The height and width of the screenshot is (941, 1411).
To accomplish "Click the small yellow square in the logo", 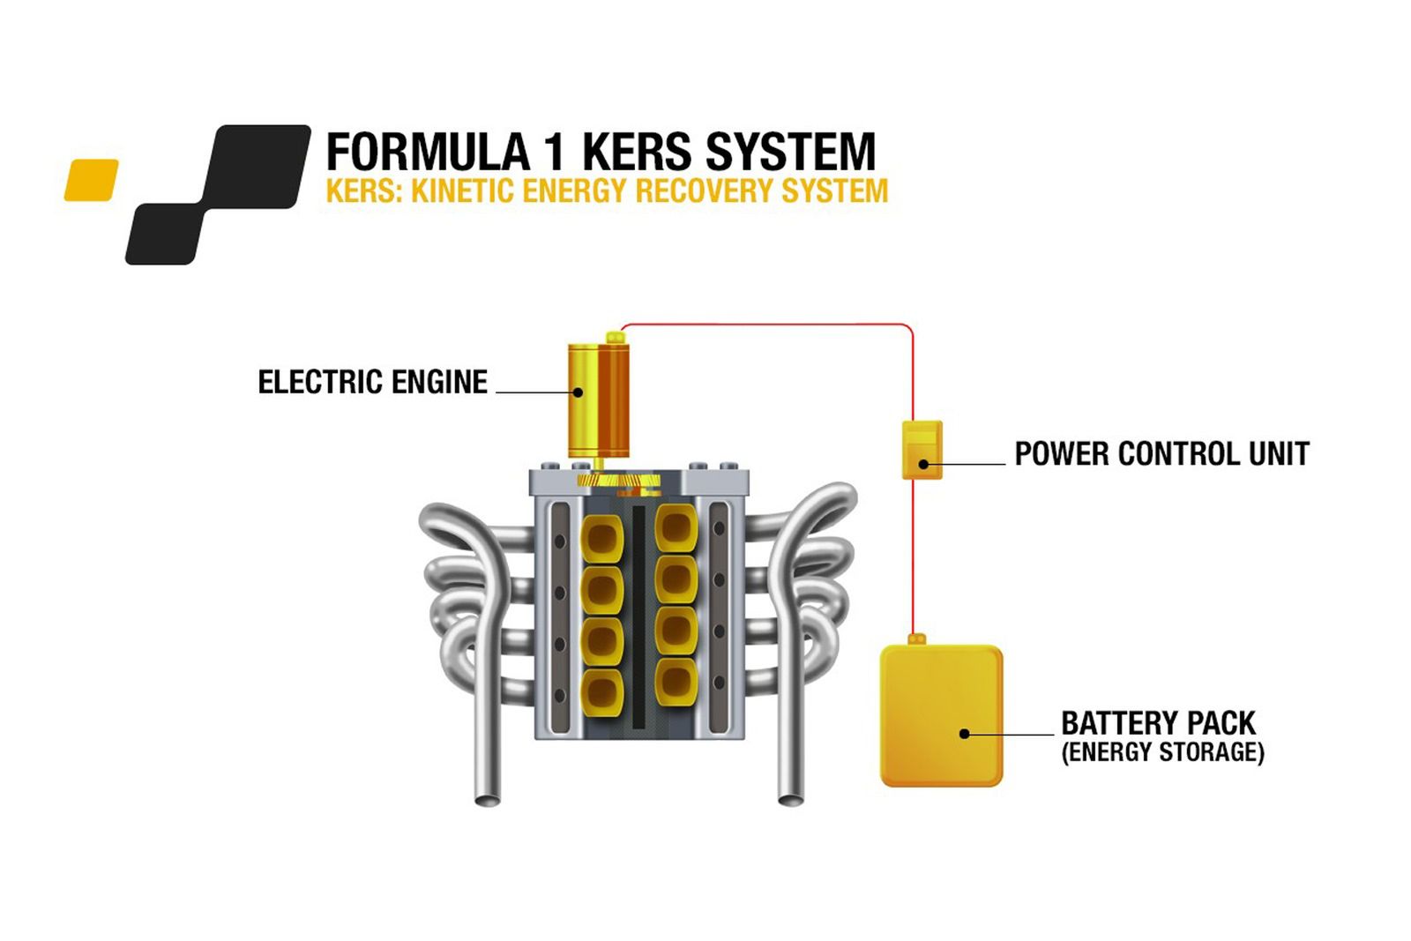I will [91, 180].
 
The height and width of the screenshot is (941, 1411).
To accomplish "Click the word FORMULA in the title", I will [428, 152].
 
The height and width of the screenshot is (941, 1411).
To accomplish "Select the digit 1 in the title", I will [554, 152].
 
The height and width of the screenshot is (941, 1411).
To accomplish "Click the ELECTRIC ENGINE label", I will [372, 382].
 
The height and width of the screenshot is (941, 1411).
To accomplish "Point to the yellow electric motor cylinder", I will [597, 399].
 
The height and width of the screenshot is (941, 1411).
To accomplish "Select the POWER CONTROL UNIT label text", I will [1161, 454].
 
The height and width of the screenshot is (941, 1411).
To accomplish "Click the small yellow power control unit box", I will [922, 450].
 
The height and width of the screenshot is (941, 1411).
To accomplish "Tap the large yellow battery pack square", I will [941, 715].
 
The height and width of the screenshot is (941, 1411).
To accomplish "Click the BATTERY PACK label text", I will [1157, 723].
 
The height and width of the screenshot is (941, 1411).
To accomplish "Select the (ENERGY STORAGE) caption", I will [1162, 752].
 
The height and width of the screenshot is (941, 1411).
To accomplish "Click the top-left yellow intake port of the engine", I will [602, 536].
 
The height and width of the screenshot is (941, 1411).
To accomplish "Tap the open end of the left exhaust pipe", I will [488, 800].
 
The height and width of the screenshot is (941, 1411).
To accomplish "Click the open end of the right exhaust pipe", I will [789, 799].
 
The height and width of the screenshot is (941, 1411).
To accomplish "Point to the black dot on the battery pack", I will [964, 734].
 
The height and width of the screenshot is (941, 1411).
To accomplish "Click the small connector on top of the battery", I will [916, 639].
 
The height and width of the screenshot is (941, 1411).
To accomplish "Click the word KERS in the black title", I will [636, 152].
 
